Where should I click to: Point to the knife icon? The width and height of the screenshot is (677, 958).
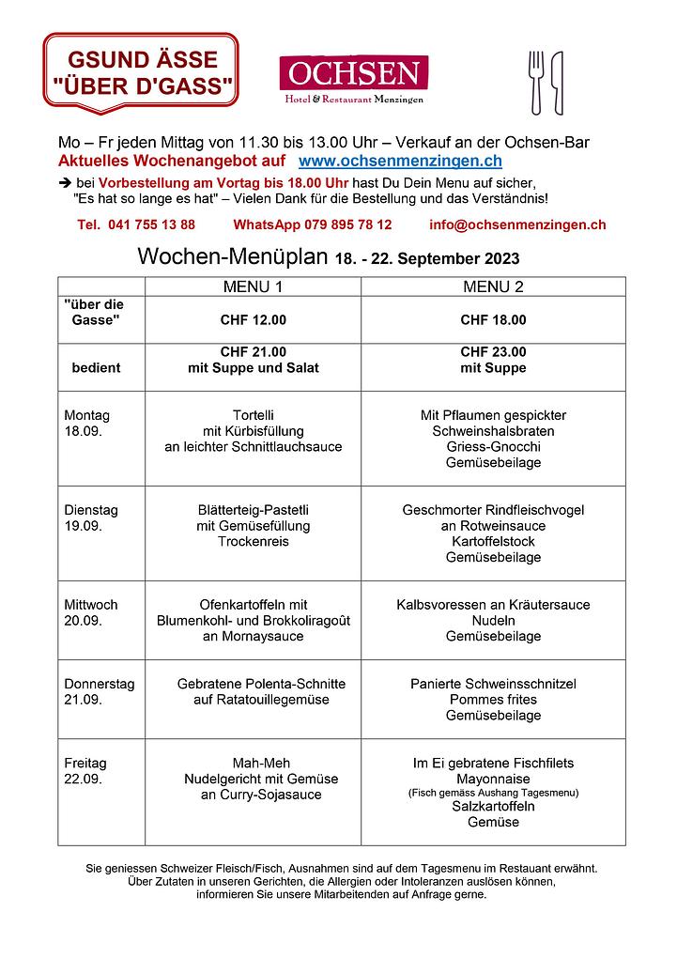click(x=557, y=83)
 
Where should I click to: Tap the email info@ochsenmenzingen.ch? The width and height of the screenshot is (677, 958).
click(x=517, y=224)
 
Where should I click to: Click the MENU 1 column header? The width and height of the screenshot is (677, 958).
click(x=253, y=286)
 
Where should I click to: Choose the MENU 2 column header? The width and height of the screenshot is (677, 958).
click(x=493, y=286)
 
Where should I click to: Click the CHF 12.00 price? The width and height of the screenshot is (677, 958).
click(x=253, y=319)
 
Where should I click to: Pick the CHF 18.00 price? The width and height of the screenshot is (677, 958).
click(x=493, y=319)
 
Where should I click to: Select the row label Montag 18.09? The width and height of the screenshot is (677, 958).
click(x=86, y=423)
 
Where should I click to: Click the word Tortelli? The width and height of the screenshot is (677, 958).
click(x=253, y=415)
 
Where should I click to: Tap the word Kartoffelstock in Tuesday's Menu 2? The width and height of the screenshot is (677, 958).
click(x=493, y=542)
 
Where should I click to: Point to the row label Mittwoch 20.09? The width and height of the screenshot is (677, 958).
click(x=91, y=612)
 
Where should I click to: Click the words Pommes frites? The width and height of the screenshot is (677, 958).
click(x=493, y=700)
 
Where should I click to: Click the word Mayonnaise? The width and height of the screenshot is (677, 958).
click(x=493, y=779)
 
